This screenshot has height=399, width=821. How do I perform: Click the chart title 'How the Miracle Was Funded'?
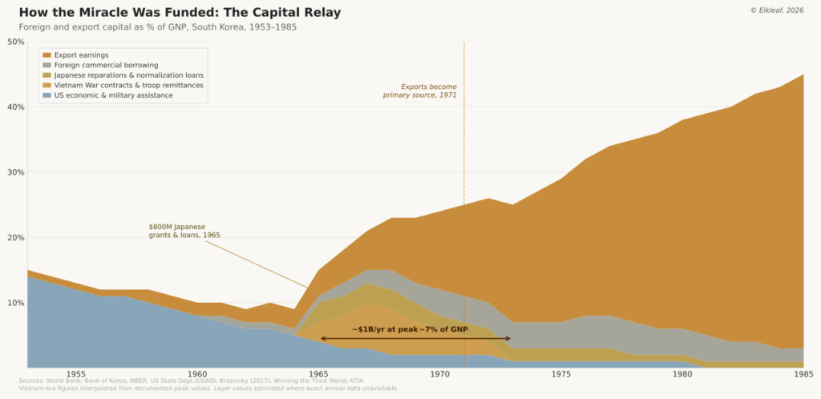pos(179,13)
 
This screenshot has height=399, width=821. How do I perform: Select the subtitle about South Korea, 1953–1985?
pos(152,27)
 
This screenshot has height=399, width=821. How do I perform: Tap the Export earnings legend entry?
pos(87,54)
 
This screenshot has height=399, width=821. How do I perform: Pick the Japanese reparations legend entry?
pos(128,75)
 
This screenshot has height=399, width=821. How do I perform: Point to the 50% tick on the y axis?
pos(15,42)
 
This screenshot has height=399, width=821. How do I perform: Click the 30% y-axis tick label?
pos(15,172)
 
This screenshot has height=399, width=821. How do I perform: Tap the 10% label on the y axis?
pos(15,303)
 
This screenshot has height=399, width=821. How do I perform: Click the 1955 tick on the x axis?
pos(76,374)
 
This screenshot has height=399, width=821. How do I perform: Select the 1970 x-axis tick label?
pos(440,374)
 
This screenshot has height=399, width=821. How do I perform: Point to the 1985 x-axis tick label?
pos(803,374)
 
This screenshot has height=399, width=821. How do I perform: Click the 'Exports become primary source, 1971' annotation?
pos(419,91)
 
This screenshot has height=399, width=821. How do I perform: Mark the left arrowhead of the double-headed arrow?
pos(322,338)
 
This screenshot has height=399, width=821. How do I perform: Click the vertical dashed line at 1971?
pos(464,200)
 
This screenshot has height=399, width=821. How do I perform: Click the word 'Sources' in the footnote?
pos(32,381)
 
